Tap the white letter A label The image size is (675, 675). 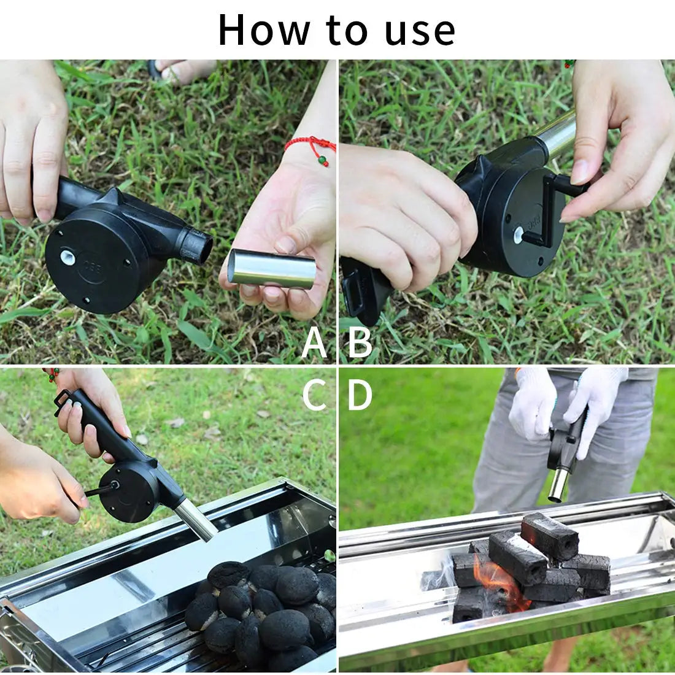[x=314, y=343]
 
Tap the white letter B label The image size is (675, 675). [x=360, y=343]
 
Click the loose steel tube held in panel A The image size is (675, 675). [x=271, y=269]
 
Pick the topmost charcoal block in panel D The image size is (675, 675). [x=550, y=535]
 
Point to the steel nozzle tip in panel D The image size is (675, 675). [x=557, y=485]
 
